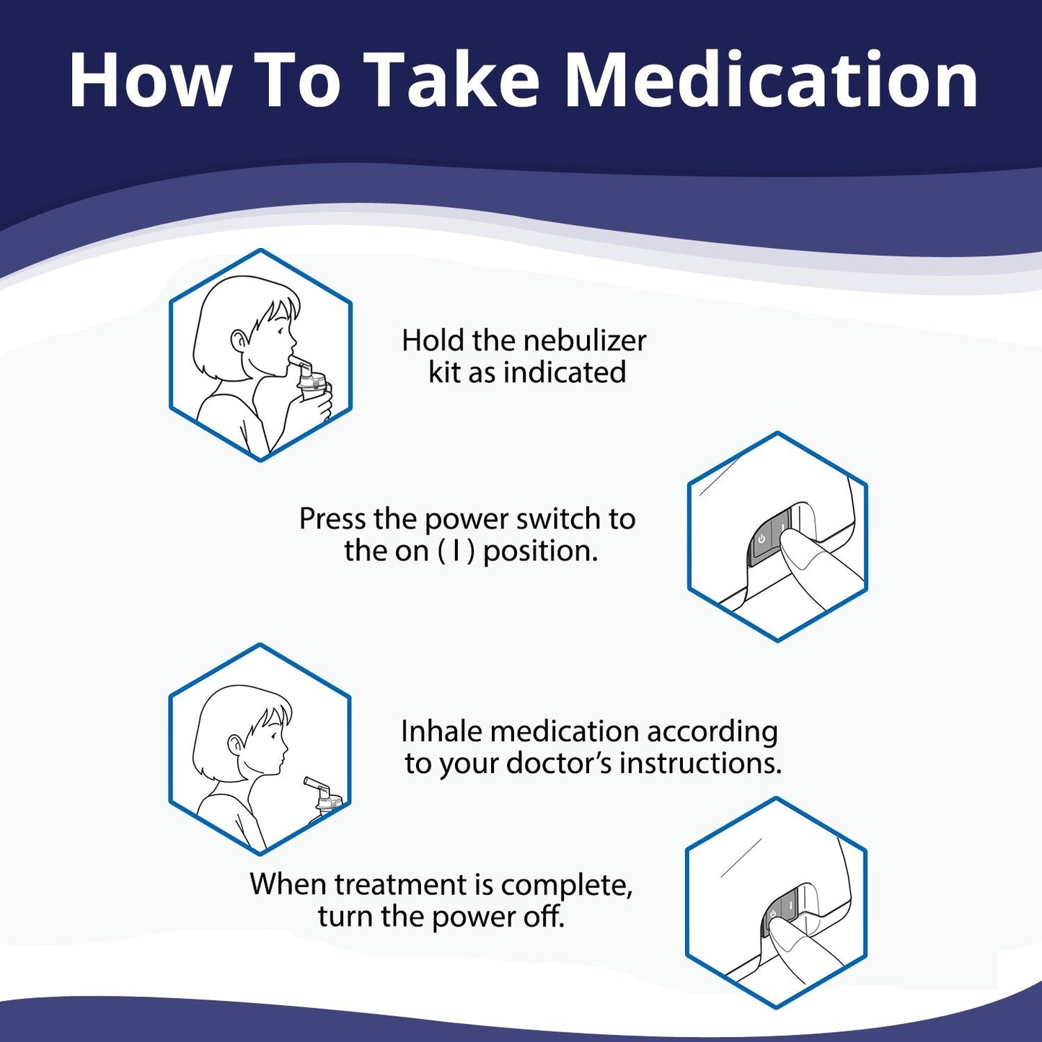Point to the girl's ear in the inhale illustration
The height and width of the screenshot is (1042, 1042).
(x=235, y=743)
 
